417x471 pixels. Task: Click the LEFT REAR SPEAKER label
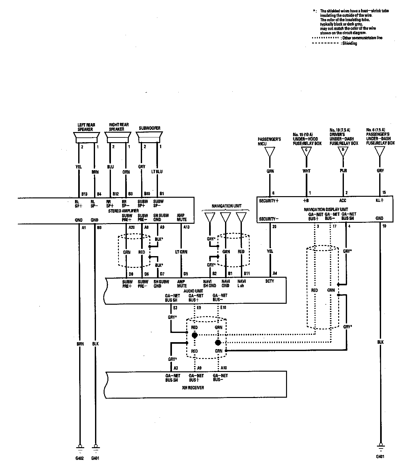(86, 127)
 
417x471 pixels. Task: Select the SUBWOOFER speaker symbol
(149, 137)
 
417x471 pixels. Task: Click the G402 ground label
(79, 458)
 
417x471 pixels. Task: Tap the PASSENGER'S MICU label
(269, 142)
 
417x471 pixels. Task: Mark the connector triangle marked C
(306, 151)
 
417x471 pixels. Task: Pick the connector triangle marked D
(343, 151)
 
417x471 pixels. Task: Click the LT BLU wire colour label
(157, 172)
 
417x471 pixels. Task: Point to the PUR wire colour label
(343, 171)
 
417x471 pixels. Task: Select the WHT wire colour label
(306, 171)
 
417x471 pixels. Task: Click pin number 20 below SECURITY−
(274, 227)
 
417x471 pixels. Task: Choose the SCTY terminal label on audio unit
(270, 281)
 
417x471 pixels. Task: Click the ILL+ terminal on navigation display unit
(379, 201)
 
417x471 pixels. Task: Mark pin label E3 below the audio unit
(175, 308)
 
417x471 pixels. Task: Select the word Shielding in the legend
(349, 43)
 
